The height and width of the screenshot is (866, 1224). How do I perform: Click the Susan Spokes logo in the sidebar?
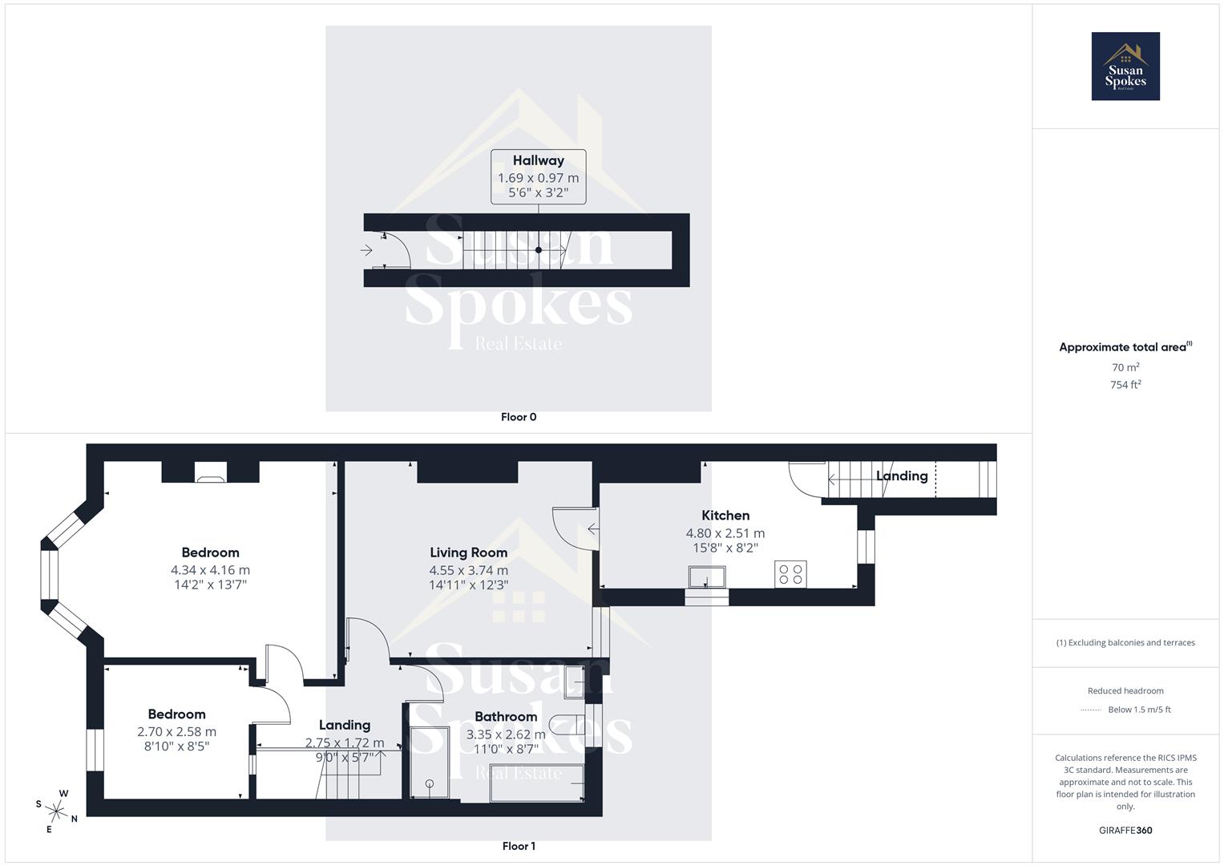[x=1125, y=67]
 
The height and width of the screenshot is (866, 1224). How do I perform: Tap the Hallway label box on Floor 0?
[x=538, y=176]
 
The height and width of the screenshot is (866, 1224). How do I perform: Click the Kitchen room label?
[x=725, y=516]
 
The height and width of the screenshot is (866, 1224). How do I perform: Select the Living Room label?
[x=468, y=552]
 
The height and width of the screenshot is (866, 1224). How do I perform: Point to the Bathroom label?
[x=505, y=717]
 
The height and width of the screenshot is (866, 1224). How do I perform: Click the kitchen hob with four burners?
[x=790, y=574]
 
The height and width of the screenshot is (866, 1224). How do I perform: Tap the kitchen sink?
[x=706, y=577]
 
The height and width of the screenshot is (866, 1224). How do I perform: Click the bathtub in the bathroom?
[x=536, y=783]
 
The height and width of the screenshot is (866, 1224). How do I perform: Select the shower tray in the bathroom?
[x=430, y=763]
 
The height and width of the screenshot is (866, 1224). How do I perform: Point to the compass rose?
[x=57, y=810]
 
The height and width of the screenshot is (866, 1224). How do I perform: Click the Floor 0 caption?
[x=519, y=417]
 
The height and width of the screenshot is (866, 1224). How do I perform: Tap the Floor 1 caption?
[x=519, y=846]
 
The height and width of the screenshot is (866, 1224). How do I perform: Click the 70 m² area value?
[x=1125, y=367]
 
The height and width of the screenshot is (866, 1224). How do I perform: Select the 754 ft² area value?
[x=1125, y=385]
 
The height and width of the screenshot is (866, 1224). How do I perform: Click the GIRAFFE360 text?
[x=1125, y=830]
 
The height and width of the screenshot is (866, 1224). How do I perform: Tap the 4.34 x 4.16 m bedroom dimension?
[x=210, y=570]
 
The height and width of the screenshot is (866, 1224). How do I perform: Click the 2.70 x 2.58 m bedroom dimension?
[x=176, y=731]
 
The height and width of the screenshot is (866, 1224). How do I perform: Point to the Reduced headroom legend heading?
[x=1125, y=690]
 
